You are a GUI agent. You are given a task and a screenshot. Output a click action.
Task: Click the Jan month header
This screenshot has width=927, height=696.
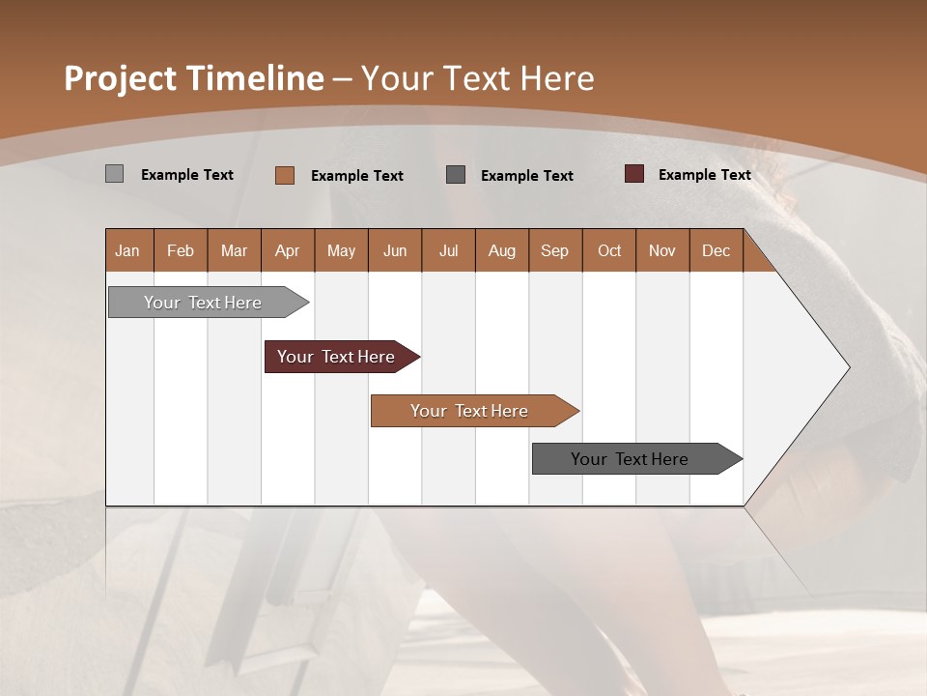click(x=127, y=250)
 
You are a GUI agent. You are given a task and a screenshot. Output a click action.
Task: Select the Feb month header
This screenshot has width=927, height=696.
click(x=181, y=250)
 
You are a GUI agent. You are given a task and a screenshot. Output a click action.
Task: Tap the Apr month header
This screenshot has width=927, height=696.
click(x=287, y=250)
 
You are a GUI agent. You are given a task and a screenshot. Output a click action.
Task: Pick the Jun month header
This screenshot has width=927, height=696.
click(x=395, y=250)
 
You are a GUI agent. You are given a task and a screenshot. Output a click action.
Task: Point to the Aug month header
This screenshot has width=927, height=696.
click(x=501, y=250)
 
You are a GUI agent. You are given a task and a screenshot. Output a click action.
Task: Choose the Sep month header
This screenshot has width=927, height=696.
click(x=554, y=250)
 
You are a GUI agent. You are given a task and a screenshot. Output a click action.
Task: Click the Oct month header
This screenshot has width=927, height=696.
click(x=609, y=250)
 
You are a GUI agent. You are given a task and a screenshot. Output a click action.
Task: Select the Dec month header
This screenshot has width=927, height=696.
click(x=716, y=250)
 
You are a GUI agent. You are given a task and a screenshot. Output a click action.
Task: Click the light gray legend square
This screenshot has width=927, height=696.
click(x=114, y=174)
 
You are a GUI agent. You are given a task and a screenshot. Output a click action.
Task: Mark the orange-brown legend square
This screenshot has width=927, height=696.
click(x=284, y=175)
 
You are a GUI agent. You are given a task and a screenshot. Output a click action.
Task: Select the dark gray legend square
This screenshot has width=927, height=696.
click(x=456, y=174)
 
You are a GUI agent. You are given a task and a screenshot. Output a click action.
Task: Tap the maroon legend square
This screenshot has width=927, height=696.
click(x=633, y=174)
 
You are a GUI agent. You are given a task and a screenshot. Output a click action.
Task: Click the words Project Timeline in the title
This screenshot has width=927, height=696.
click(x=194, y=78)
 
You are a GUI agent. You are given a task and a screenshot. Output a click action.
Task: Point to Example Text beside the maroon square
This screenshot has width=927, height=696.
click(x=704, y=175)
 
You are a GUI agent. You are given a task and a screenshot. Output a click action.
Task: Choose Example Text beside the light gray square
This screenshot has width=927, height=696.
click(x=187, y=175)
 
